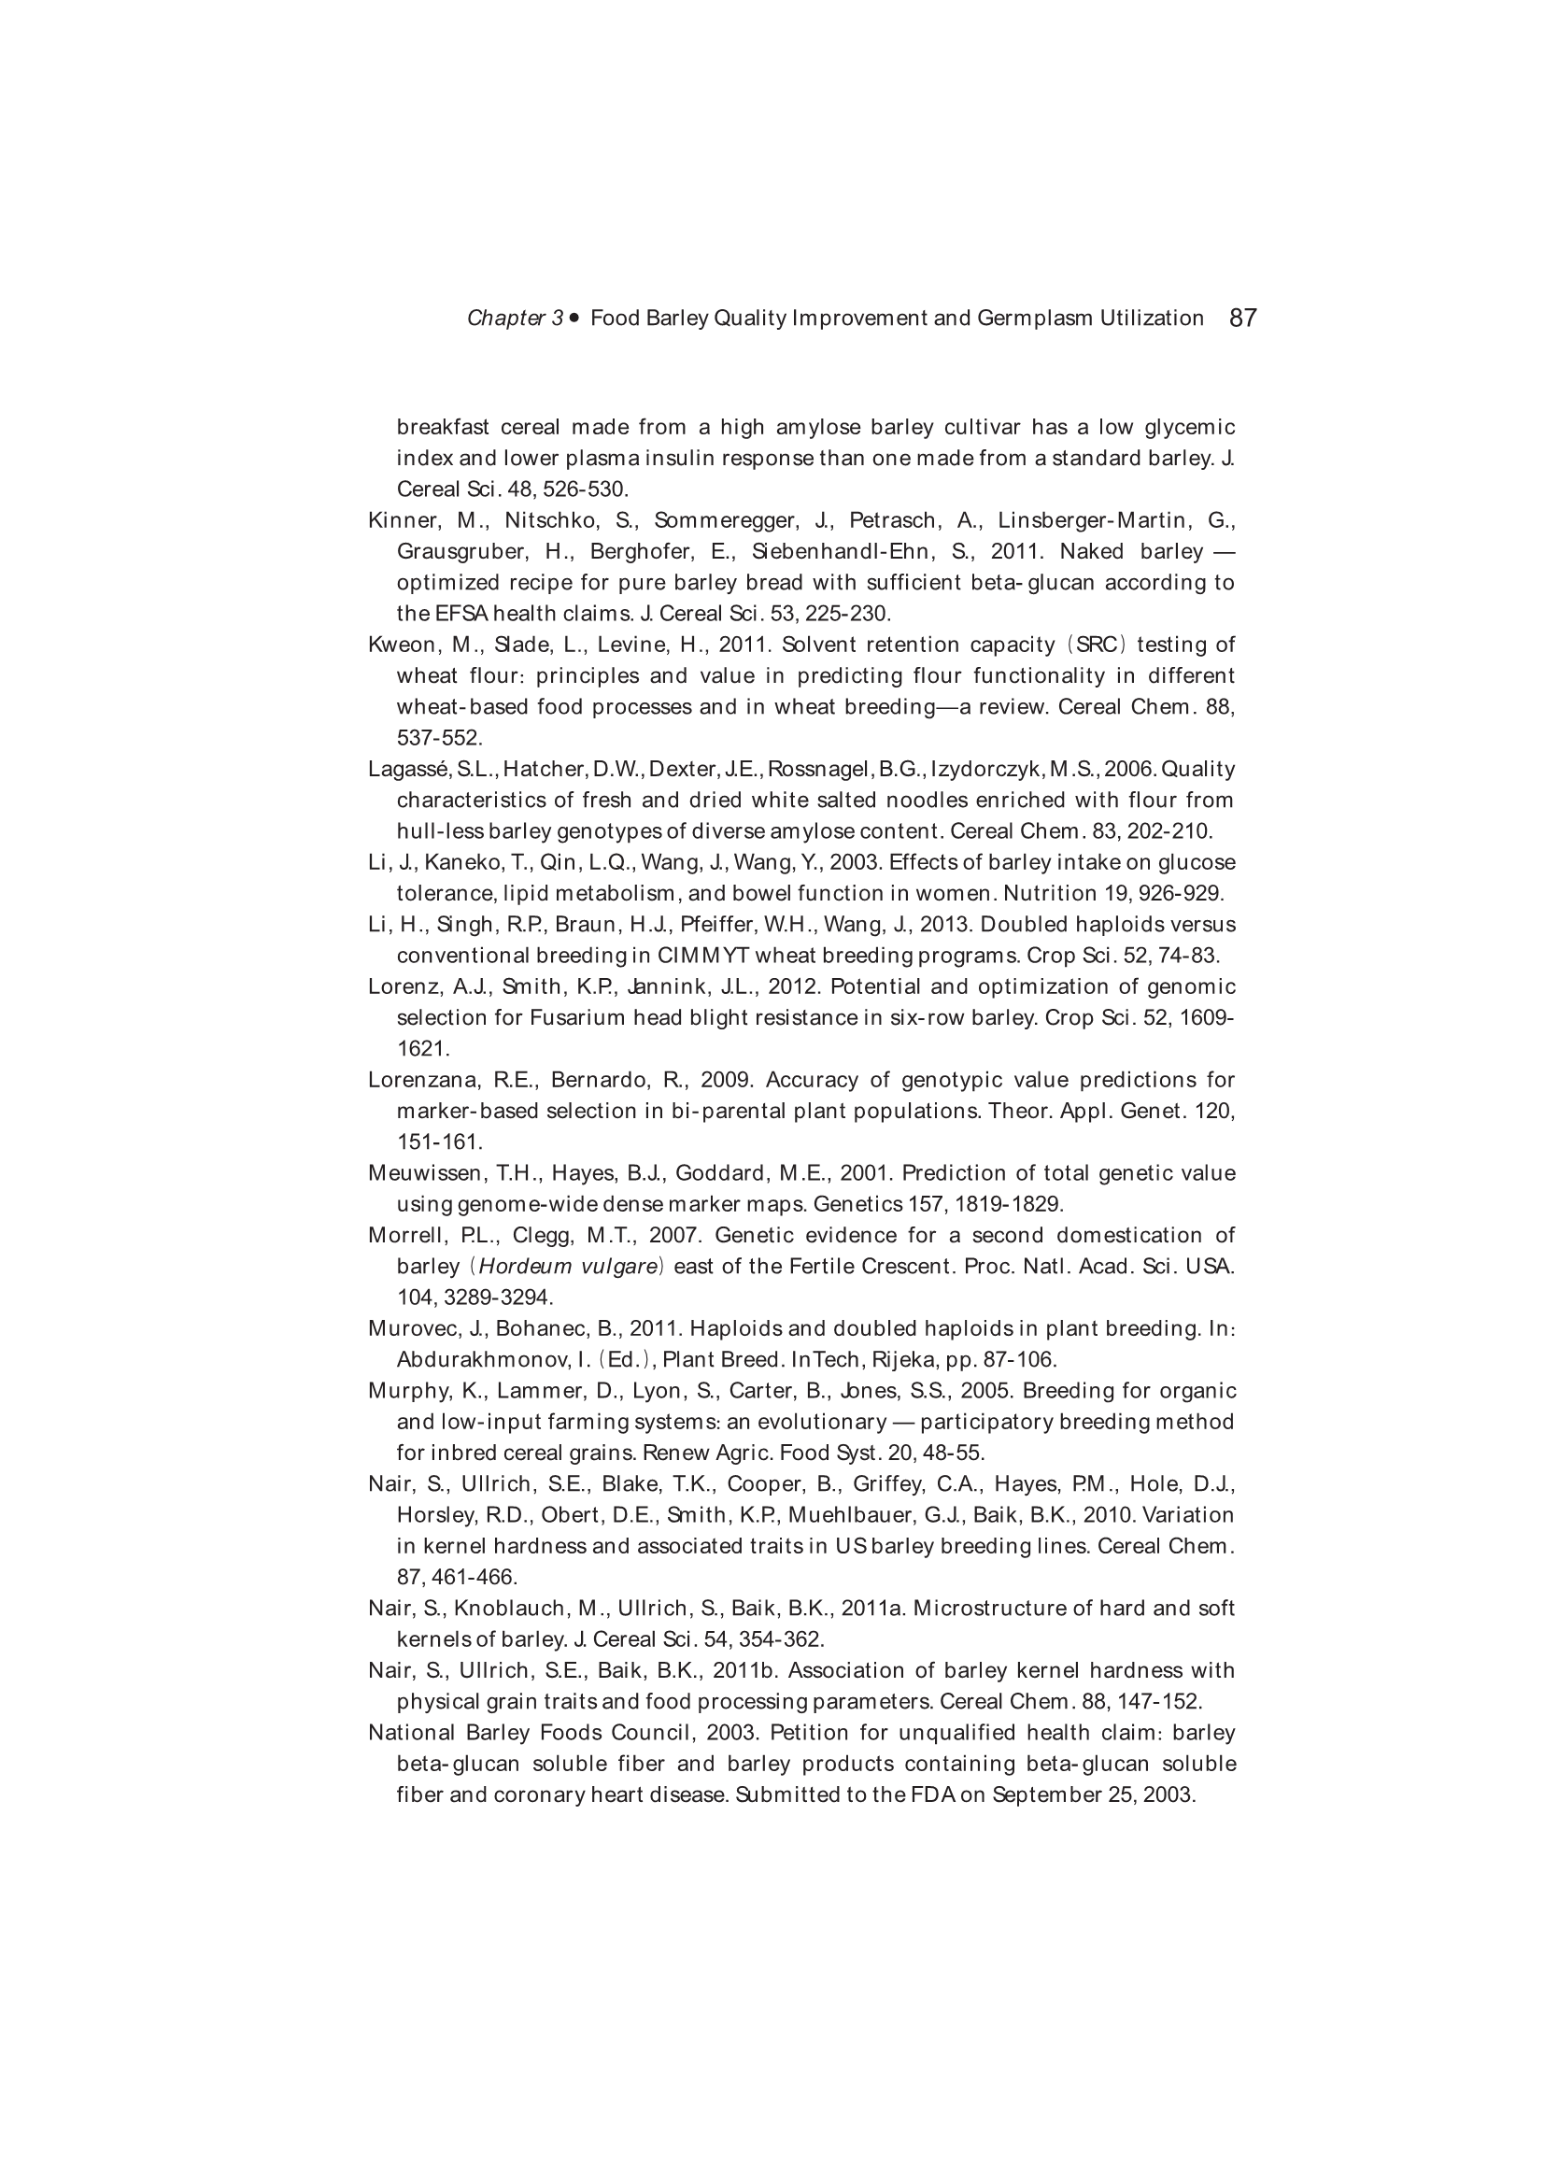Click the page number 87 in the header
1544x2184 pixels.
tap(1242, 318)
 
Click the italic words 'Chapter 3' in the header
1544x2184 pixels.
tap(515, 319)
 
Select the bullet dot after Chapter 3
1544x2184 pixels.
tap(574, 318)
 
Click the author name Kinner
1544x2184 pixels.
tap(399, 520)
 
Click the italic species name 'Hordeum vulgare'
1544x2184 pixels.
tap(568, 1266)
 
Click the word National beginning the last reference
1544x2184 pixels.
tap(411, 1732)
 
